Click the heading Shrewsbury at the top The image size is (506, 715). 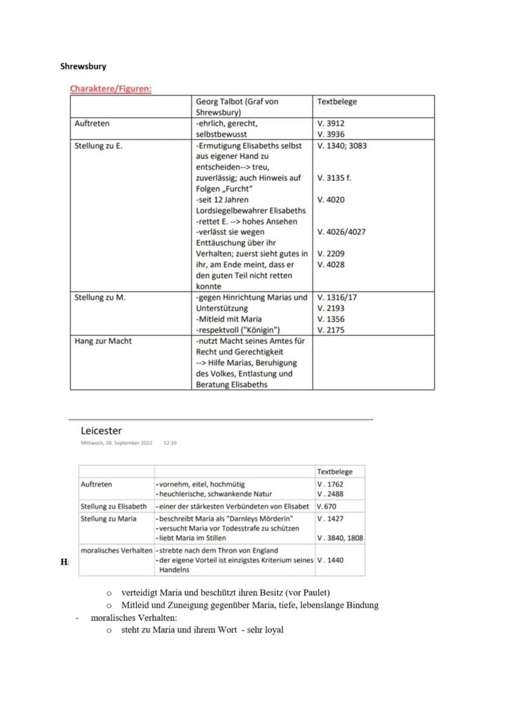[x=83, y=66]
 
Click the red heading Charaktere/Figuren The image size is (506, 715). [x=111, y=89]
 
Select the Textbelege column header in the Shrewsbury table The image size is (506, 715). [x=337, y=101]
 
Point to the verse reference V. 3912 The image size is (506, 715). [x=331, y=123]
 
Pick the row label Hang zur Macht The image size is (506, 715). [x=103, y=340]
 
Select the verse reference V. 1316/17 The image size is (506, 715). [x=337, y=297]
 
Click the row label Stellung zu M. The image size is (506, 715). [x=95, y=297]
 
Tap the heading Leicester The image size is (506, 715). [x=101, y=431]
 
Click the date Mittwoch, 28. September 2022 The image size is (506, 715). [x=116, y=443]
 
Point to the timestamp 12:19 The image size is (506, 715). [x=170, y=443]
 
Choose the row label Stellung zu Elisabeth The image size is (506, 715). [x=114, y=506]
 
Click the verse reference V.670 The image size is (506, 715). [x=326, y=506]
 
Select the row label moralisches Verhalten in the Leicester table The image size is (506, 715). [x=116, y=550]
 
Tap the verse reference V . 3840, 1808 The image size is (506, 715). [x=340, y=538]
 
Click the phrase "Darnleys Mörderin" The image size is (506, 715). [x=262, y=518]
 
